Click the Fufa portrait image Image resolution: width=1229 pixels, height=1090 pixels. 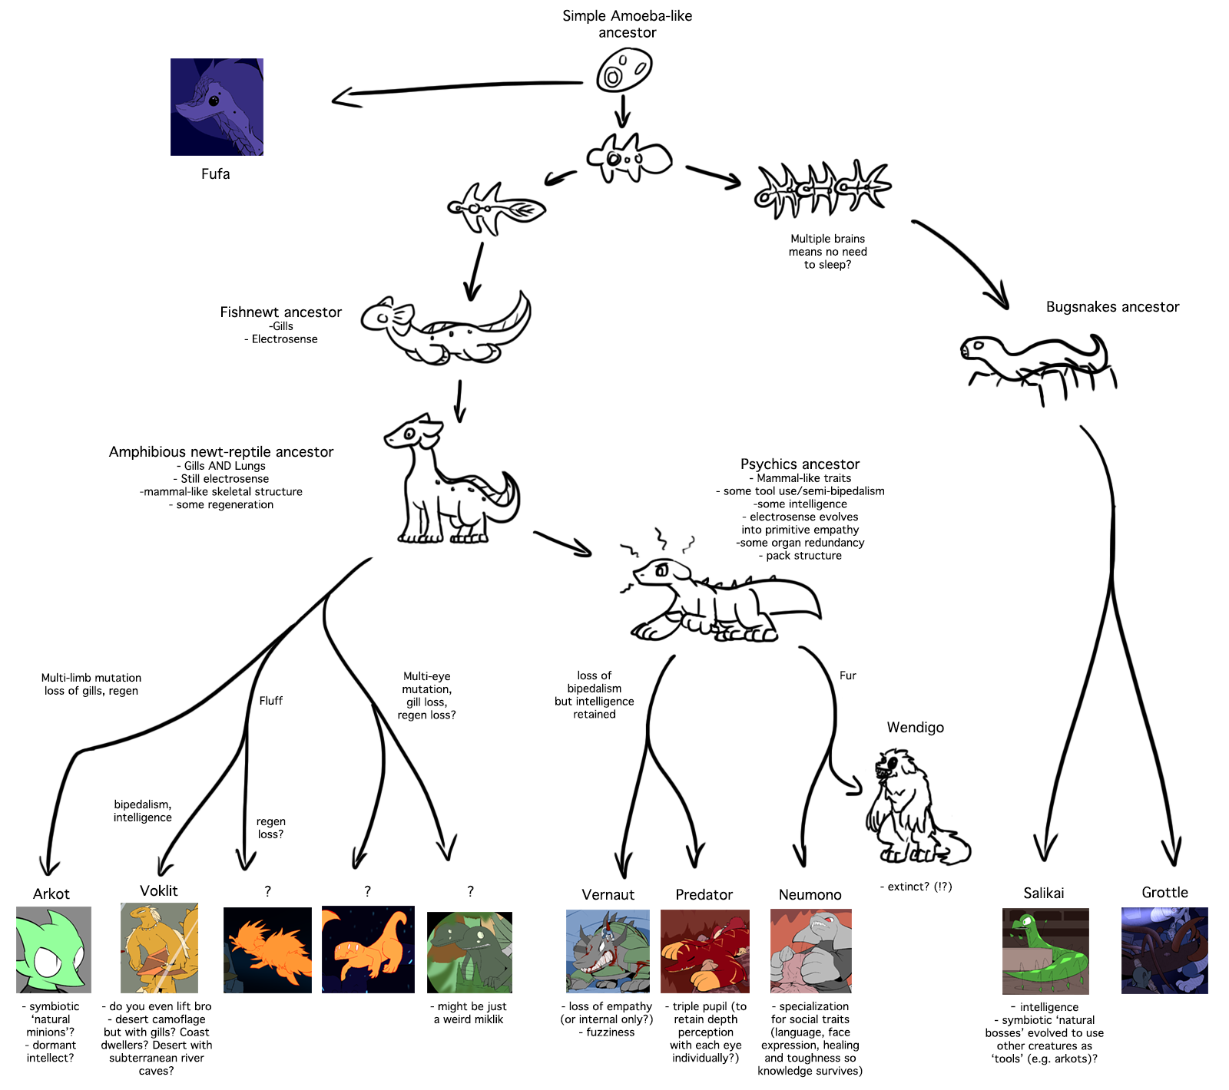click(217, 107)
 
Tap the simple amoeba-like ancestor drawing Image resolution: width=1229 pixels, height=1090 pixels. click(624, 70)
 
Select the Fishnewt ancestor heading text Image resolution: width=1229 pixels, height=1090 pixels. click(280, 312)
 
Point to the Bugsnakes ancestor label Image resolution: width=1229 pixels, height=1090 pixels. click(1111, 307)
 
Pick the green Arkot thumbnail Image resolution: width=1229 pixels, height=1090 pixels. click(54, 950)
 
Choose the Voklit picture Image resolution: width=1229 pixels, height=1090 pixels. click(159, 948)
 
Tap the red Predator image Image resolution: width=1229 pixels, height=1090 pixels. click(704, 951)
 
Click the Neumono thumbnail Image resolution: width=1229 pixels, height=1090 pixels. click(810, 951)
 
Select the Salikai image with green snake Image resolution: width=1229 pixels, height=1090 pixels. click(1045, 951)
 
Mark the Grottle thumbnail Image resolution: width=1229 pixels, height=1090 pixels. click(1164, 950)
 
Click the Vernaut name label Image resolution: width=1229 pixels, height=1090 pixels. click(608, 895)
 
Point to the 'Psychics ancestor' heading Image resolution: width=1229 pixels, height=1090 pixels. click(800, 464)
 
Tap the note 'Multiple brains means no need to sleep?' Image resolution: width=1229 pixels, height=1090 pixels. click(827, 252)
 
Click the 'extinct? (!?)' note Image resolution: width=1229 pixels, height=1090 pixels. click(916, 887)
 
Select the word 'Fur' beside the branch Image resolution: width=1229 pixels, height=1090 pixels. click(847, 675)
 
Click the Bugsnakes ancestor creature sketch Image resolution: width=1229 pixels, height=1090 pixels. click(1037, 365)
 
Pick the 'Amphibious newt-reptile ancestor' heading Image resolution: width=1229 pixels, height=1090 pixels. click(221, 452)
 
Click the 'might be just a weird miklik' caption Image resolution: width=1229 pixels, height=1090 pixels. click(470, 1012)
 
